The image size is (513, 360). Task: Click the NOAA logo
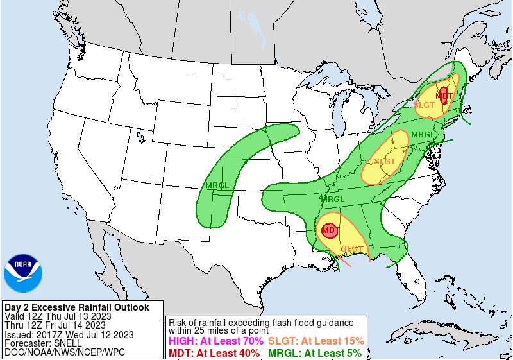pyautogui.click(x=22, y=273)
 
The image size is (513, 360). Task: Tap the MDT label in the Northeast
pyautogui.click(x=444, y=96)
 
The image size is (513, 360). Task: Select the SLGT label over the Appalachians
pyautogui.click(x=385, y=161)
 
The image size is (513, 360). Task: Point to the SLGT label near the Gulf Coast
pyautogui.click(x=353, y=248)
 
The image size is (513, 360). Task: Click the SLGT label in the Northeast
pyautogui.click(x=425, y=104)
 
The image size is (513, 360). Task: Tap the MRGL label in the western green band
pyautogui.click(x=217, y=185)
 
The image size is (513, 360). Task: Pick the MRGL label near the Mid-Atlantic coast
pyautogui.click(x=423, y=134)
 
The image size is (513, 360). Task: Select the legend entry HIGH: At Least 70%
pyautogui.click(x=213, y=341)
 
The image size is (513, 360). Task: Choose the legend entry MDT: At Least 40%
pyautogui.click(x=214, y=352)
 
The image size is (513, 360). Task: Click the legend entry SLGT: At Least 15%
pyautogui.click(x=315, y=341)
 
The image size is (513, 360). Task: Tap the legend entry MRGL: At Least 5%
pyautogui.click(x=314, y=352)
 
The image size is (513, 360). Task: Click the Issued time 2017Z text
pyautogui.click(x=47, y=334)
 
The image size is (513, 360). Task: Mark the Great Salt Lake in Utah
pyautogui.click(x=139, y=135)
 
